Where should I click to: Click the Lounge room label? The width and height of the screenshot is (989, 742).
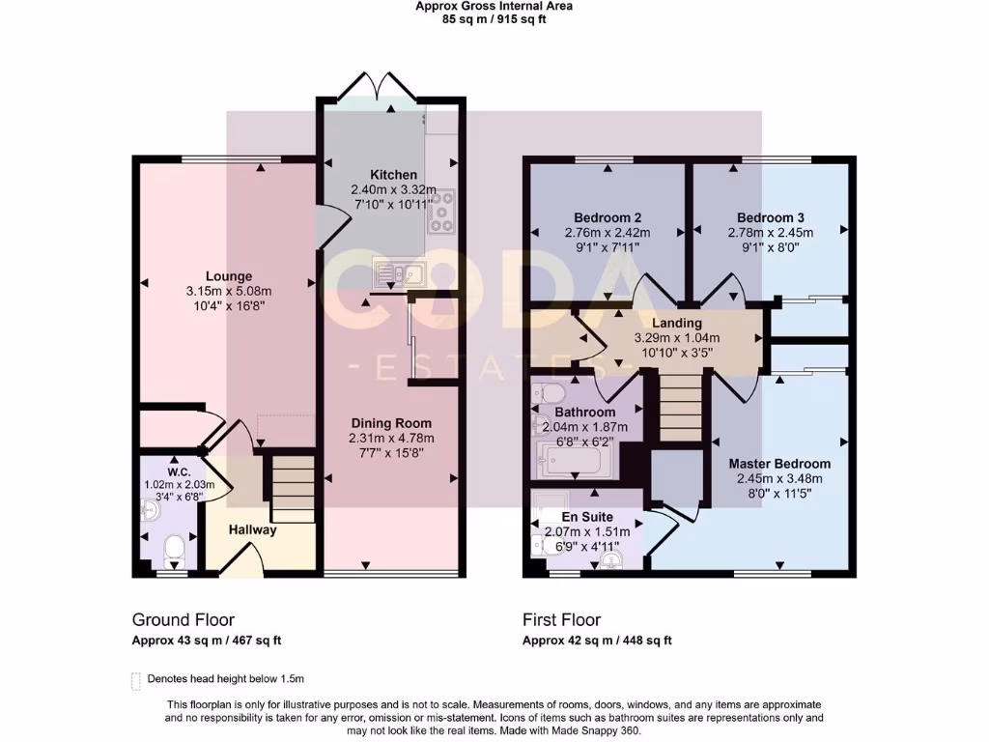tap(228, 276)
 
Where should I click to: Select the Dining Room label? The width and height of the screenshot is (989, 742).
tap(391, 423)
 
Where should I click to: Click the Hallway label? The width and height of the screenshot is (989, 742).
tap(253, 529)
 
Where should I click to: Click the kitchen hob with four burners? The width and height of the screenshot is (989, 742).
tap(441, 213)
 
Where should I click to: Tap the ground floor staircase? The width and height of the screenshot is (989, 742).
tap(294, 489)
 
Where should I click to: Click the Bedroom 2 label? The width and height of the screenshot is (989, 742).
tap(608, 217)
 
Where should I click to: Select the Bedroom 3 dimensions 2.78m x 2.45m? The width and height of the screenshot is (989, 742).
tap(770, 233)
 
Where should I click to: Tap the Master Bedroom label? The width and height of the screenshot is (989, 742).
tap(778, 464)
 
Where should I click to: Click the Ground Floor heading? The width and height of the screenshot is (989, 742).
tap(184, 620)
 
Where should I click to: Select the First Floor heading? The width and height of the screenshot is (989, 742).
tap(561, 620)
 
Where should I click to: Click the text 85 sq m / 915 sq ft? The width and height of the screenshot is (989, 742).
tap(494, 19)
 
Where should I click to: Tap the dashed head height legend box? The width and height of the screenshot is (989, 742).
tap(136, 679)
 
